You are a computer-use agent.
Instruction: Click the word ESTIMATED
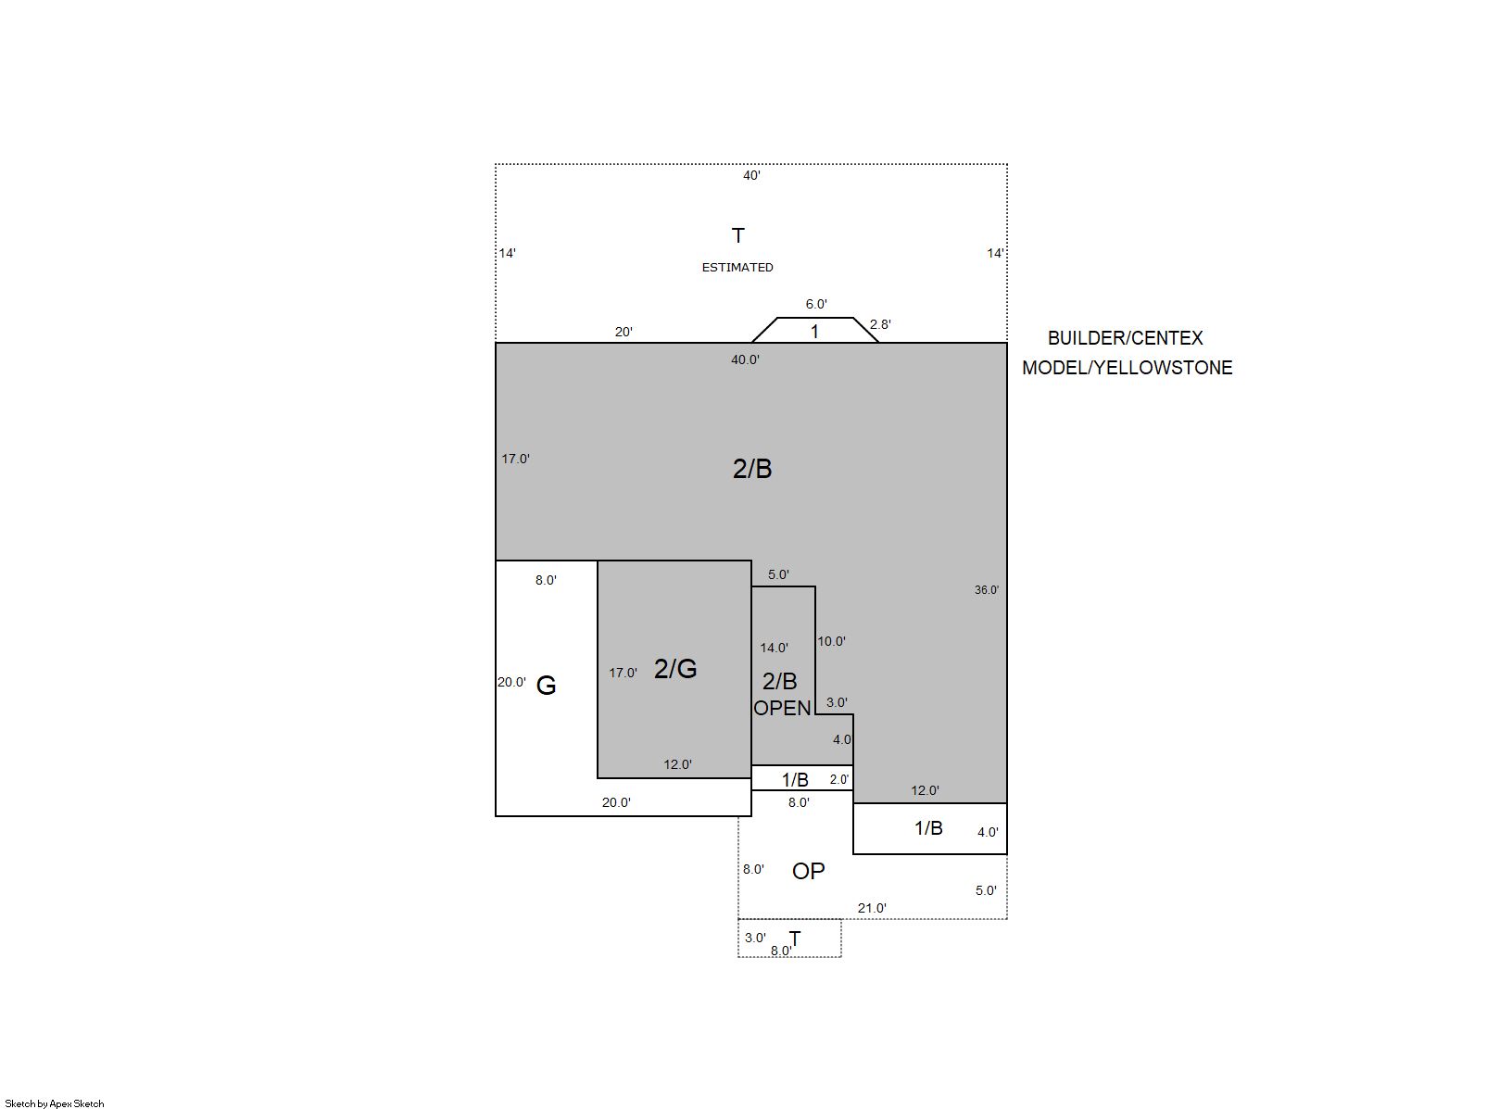tap(737, 268)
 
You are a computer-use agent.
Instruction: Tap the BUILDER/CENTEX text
tap(1126, 338)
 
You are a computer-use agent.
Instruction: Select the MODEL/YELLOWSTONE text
tap(1128, 368)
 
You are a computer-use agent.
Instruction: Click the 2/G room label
tap(675, 669)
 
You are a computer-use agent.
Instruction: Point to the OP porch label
tap(808, 872)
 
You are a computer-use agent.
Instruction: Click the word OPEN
tap(782, 708)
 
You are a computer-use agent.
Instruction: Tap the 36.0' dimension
tap(986, 590)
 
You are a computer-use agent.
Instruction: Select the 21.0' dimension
tap(872, 909)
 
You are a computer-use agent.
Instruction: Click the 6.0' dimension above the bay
tap(816, 305)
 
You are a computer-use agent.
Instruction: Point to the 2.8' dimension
tap(880, 324)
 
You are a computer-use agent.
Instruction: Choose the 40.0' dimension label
tap(745, 360)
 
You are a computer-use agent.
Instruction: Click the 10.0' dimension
tap(832, 642)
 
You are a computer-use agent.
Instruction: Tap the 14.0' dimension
tap(774, 649)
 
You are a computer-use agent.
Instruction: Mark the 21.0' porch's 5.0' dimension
tap(986, 891)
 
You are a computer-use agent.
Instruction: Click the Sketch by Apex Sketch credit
tap(55, 1103)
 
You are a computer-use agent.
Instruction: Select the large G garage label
tap(546, 686)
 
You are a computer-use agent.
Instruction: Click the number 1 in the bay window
tap(814, 332)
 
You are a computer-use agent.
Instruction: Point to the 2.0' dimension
tap(839, 779)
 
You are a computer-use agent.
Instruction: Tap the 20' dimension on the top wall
tap(624, 332)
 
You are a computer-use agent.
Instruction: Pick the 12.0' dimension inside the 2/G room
tap(677, 764)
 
